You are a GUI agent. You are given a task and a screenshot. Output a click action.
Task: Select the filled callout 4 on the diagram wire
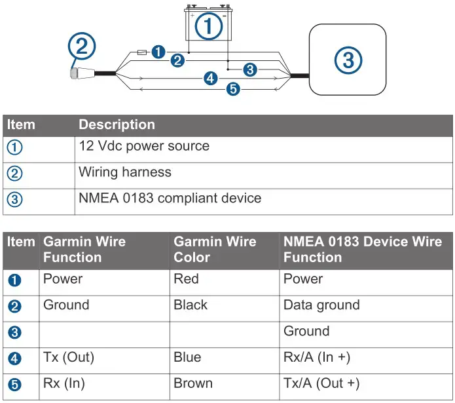[210, 79]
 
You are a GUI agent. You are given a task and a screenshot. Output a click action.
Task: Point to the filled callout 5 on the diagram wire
[232, 89]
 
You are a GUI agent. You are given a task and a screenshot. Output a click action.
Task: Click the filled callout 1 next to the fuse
[157, 51]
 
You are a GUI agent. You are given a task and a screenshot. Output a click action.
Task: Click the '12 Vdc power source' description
[144, 145]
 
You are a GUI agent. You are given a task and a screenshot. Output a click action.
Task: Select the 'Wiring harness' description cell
[125, 172]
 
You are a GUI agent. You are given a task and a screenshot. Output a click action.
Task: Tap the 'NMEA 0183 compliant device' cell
[170, 198]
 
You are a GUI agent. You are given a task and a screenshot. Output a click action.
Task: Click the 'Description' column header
[117, 125]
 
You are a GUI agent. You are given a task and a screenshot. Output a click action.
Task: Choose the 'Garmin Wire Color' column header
[215, 249]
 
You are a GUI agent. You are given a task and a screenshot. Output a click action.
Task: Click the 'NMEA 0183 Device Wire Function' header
[362, 249]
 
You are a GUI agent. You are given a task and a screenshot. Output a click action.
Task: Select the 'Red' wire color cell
[186, 279]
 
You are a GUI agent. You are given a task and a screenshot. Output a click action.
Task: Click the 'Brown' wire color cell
[192, 384]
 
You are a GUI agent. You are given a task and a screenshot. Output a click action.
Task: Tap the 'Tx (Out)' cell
[69, 358]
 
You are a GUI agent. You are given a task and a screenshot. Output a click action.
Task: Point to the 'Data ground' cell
[321, 305]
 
